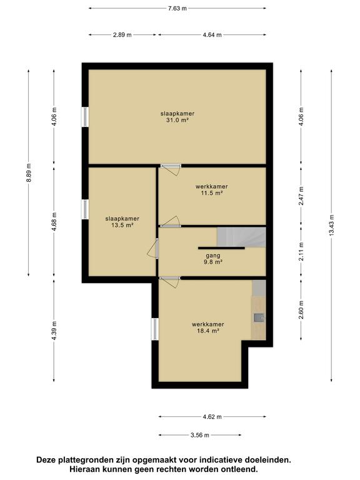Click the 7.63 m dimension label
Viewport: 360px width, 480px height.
(177, 8)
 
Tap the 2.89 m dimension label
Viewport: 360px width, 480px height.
(122, 34)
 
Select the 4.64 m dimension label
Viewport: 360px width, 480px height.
(212, 34)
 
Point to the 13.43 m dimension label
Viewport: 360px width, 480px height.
(332, 225)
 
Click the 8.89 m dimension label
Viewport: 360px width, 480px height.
(29, 172)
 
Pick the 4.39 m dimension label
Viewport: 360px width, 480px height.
(54, 331)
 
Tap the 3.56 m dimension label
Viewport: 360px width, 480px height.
(200, 435)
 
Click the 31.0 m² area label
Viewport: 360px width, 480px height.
(177, 120)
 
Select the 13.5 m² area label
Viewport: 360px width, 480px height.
(122, 225)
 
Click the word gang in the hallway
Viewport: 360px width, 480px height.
(213, 256)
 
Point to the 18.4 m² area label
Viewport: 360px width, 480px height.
(208, 331)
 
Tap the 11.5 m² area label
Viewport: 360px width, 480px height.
(211, 193)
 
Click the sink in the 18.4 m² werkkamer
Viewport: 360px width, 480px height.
(259, 317)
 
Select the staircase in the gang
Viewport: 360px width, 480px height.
(241, 237)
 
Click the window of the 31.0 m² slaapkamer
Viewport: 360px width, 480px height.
(85, 116)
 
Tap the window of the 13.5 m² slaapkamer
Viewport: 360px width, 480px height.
(85, 209)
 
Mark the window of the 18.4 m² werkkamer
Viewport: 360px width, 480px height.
(155, 329)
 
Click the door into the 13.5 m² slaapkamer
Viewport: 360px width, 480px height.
(153, 248)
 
